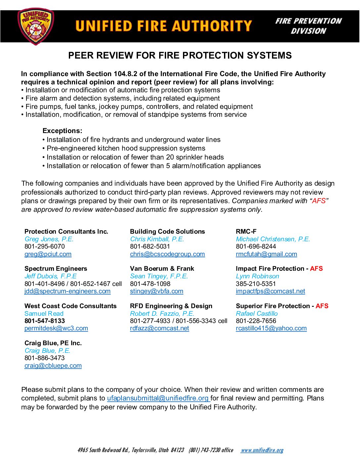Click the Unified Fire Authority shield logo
pyautogui.click(x=35, y=27)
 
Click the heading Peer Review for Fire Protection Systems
pyautogui.click(x=180, y=55)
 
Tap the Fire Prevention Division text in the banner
pyautogui.click(x=308, y=26)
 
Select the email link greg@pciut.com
pyautogui.click(x=48, y=254)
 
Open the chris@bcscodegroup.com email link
pyautogui.click(x=167, y=254)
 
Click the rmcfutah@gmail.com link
pyautogui.click(x=266, y=254)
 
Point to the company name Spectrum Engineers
pyautogui.click(x=56, y=268)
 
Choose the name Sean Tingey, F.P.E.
pyautogui.click(x=159, y=276)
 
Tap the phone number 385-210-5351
pyautogui.click(x=256, y=284)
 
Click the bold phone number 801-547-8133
pyautogui.click(x=45, y=321)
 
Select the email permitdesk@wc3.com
pyautogui.click(x=56, y=328)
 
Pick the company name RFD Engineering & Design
pyautogui.click(x=171, y=306)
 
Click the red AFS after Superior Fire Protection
pyautogui.click(x=322, y=306)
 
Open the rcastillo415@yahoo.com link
pyautogui.click(x=271, y=328)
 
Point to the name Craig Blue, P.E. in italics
pyautogui.click(x=47, y=350)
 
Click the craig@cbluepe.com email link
pyautogui.click(x=53, y=366)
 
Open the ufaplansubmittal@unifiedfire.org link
pyautogui.click(x=158, y=398)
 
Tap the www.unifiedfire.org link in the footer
pyautogui.click(x=262, y=450)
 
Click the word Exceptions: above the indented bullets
pyautogui.click(x=63, y=131)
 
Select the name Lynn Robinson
pyautogui.click(x=257, y=276)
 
